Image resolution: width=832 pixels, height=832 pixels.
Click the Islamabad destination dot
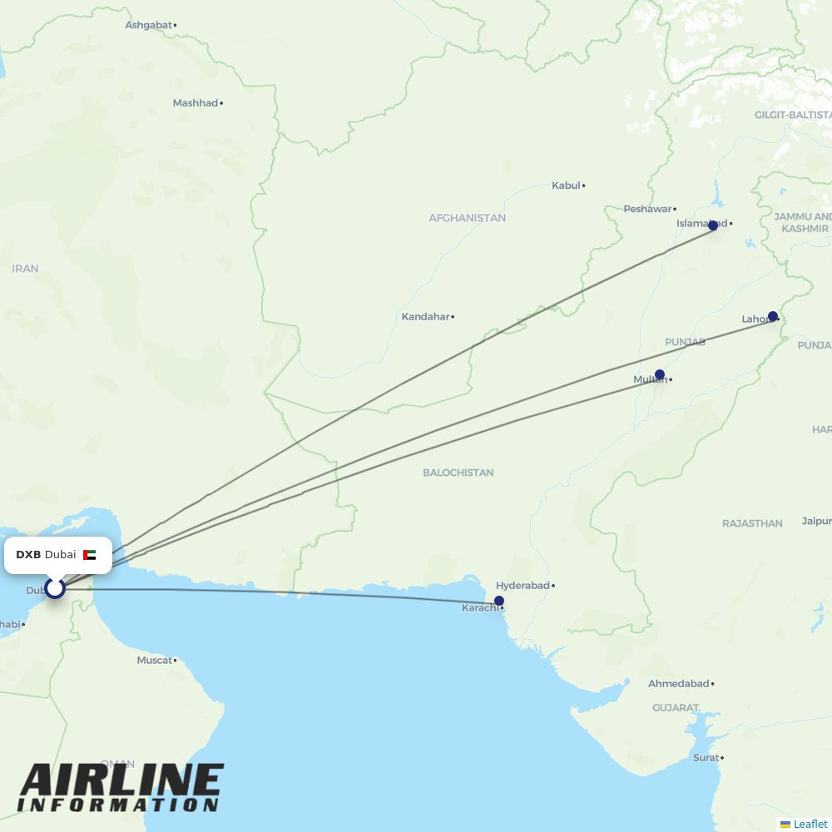click(x=713, y=225)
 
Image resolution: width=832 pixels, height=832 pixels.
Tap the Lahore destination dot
click(x=773, y=316)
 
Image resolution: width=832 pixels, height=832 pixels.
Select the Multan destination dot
click(x=660, y=374)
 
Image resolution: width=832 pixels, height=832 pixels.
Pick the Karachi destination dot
click(x=499, y=601)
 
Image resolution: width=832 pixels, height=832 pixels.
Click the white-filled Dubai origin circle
click(x=55, y=588)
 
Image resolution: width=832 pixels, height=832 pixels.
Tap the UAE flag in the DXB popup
click(x=89, y=555)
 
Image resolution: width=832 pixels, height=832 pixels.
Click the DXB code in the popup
click(x=28, y=555)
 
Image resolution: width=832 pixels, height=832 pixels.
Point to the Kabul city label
click(x=566, y=186)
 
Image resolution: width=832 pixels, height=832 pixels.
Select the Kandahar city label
click(x=425, y=317)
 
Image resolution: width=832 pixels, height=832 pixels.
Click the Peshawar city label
click(x=647, y=209)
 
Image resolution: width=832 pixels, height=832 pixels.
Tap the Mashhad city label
click(x=195, y=103)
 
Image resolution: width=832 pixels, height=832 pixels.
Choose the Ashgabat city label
click(x=148, y=25)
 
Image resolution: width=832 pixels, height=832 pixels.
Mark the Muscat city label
click(x=154, y=661)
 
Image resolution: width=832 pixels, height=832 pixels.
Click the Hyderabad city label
click(x=522, y=586)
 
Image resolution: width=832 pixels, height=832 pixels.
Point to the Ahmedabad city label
click(x=678, y=684)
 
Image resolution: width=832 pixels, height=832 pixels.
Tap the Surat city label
click(x=706, y=758)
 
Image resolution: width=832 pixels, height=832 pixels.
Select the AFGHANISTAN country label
click(x=467, y=218)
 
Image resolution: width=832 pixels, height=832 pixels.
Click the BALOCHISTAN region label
click(x=458, y=473)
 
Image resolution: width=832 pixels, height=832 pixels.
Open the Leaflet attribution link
click(x=810, y=824)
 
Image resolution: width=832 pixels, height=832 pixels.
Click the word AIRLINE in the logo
click(x=121, y=780)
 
